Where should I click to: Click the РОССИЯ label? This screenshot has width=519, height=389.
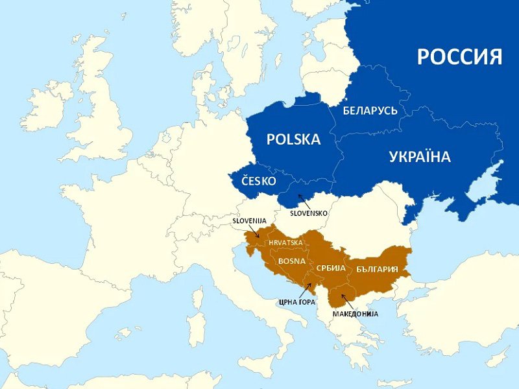459,56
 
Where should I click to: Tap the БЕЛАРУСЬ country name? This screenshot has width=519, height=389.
370,110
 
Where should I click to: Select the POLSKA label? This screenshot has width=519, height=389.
294,139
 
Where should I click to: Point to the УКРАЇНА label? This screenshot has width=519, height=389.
420,156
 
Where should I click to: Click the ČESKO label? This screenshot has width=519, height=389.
259,180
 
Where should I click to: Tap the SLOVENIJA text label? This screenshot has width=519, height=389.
249,220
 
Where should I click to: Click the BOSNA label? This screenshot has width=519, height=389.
291,261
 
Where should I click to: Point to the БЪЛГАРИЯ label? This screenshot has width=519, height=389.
377,268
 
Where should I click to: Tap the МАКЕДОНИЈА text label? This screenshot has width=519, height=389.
356,314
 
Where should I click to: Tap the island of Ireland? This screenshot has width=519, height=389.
49,104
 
